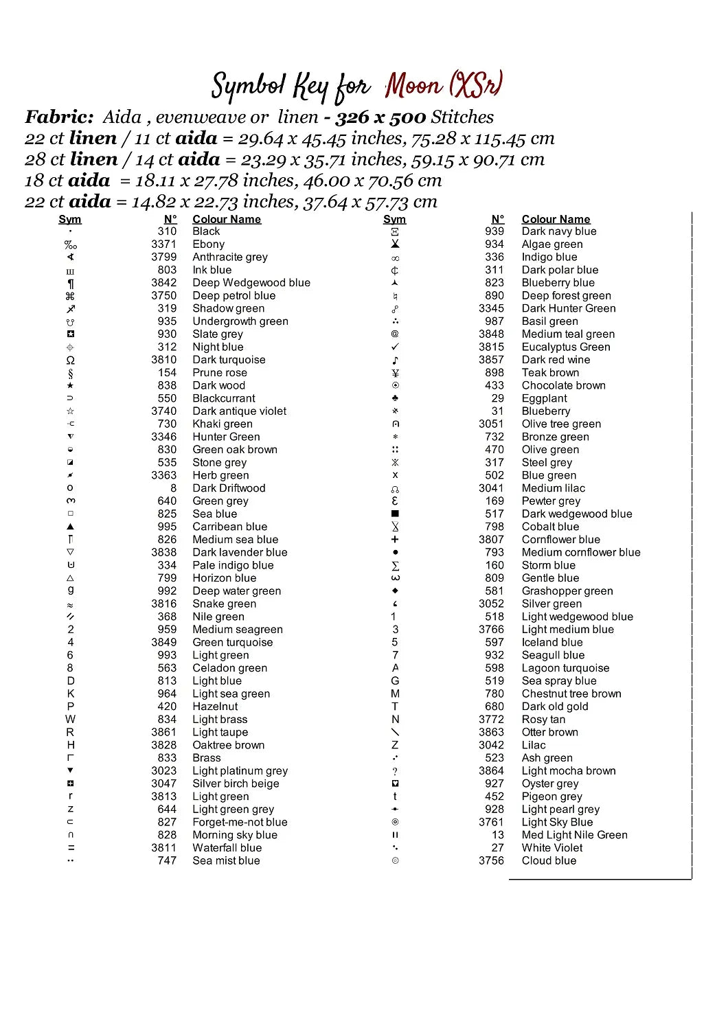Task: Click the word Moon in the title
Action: (x=413, y=86)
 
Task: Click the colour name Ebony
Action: (x=208, y=244)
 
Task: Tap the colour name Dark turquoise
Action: (x=229, y=360)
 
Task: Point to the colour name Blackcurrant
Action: (x=223, y=398)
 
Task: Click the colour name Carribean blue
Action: (x=229, y=527)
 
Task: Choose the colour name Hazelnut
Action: (x=215, y=707)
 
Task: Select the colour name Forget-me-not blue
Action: (x=240, y=822)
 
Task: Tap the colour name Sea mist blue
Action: (x=226, y=860)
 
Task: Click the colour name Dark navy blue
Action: (x=559, y=231)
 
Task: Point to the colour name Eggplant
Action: (x=544, y=398)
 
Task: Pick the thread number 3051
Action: (x=491, y=424)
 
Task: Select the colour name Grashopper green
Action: (x=567, y=591)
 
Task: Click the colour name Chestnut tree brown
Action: (x=571, y=694)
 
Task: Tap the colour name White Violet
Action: (x=552, y=848)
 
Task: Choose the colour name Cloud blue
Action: (x=549, y=860)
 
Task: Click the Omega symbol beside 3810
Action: (x=70, y=360)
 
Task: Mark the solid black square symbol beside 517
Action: (x=395, y=514)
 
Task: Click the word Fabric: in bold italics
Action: (x=59, y=117)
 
